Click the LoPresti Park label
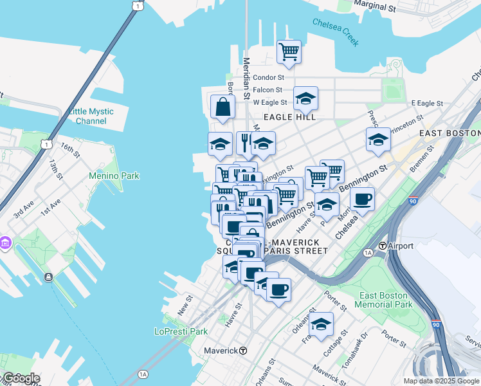(181, 331)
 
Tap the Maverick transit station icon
(243, 351)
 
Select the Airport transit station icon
(382, 246)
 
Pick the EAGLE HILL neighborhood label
(293, 118)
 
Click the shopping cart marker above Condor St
(289, 51)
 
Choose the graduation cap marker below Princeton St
(379, 140)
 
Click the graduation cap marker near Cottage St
(321, 324)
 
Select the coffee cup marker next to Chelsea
(362, 199)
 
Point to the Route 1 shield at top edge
(136, 5)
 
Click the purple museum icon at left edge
(6, 244)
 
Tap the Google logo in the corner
(21, 378)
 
